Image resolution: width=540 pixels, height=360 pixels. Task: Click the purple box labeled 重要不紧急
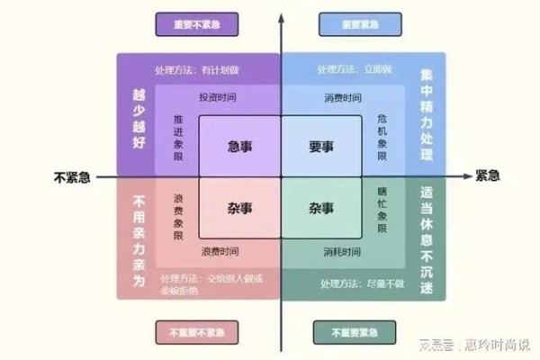tap(193, 25)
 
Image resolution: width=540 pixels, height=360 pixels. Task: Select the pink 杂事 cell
tap(239, 208)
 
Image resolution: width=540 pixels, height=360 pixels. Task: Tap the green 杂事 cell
tap(321, 208)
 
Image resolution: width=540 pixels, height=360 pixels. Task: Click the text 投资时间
tap(219, 97)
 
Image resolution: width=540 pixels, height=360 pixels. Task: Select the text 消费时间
tap(342, 97)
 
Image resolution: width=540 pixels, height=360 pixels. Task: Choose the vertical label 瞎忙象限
tap(382, 212)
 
